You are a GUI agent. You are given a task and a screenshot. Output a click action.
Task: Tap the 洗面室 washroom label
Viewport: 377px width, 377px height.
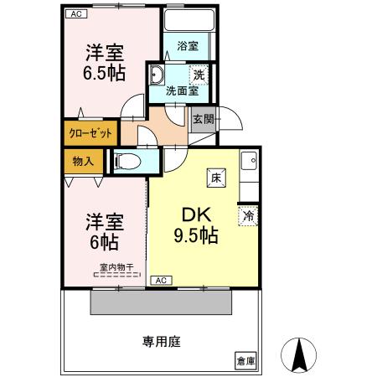click(x=180, y=90)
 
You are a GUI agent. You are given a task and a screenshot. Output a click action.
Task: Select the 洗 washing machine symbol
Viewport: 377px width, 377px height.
click(x=198, y=74)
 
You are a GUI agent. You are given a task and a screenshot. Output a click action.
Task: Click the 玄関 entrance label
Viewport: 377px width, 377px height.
click(x=204, y=120)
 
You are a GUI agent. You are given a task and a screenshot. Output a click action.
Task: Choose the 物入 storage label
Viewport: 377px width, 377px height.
click(x=82, y=159)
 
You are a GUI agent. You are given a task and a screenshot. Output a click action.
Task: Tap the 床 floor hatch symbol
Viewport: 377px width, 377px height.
click(x=215, y=177)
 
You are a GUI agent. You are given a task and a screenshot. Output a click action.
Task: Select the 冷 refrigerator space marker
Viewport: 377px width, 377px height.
click(x=248, y=215)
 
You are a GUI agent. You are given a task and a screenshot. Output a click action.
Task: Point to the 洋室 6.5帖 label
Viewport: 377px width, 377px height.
click(x=105, y=63)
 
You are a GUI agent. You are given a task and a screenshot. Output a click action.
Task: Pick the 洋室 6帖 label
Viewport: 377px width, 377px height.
click(x=104, y=232)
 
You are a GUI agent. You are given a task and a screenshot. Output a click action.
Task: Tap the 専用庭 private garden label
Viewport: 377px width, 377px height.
click(x=162, y=341)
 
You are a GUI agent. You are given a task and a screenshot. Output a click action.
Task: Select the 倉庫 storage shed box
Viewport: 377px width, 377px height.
click(x=245, y=361)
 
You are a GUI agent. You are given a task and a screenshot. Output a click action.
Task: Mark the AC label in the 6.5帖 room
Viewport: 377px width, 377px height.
click(x=75, y=14)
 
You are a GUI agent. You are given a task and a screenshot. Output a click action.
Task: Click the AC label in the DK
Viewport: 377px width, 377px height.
click(x=161, y=281)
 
